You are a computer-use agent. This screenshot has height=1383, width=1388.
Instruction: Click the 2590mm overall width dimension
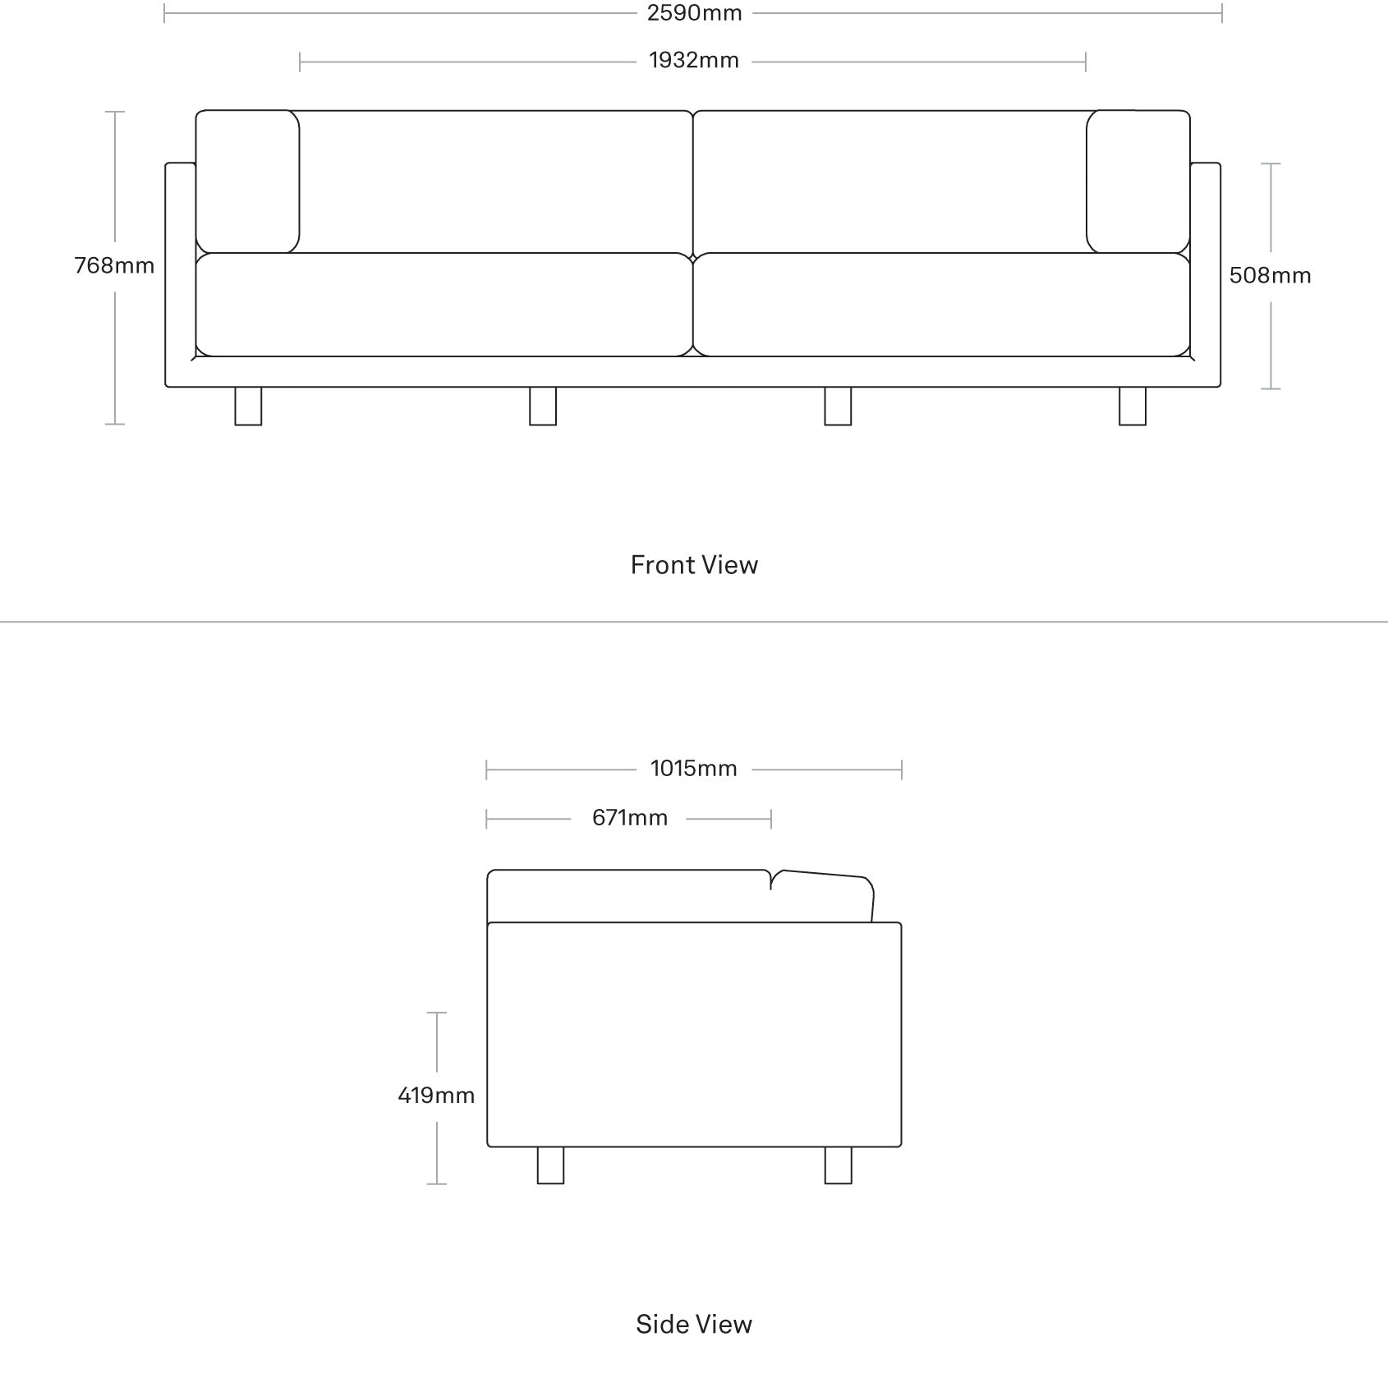click(694, 13)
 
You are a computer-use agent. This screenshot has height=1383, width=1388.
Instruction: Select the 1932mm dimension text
click(694, 61)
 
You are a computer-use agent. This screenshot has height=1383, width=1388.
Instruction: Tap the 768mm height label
click(114, 265)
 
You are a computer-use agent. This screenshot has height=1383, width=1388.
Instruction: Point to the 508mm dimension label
click(1270, 275)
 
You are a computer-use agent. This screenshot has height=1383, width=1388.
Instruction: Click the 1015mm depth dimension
click(694, 769)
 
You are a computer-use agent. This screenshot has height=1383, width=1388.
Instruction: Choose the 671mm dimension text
click(630, 818)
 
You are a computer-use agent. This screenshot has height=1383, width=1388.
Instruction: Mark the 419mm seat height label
click(436, 1095)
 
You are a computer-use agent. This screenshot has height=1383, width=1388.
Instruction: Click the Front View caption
click(694, 565)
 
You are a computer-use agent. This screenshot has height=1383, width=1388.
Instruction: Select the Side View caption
click(694, 1324)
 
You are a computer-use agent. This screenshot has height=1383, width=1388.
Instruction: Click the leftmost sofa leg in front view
click(248, 406)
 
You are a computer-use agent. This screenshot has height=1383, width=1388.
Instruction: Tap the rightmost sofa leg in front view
click(1133, 406)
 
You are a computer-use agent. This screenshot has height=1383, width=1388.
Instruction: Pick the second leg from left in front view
click(543, 406)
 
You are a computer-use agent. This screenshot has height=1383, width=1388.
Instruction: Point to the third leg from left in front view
click(838, 406)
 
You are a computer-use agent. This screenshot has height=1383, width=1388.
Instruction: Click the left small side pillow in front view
click(247, 181)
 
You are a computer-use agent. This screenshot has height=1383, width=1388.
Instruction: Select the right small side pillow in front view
click(1138, 181)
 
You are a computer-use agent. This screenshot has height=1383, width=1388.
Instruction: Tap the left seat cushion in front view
click(444, 305)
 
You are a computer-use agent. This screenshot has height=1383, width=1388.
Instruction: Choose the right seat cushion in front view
click(942, 305)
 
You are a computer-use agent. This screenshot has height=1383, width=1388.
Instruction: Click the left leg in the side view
click(551, 1165)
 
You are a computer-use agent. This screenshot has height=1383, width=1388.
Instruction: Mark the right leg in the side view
click(838, 1165)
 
